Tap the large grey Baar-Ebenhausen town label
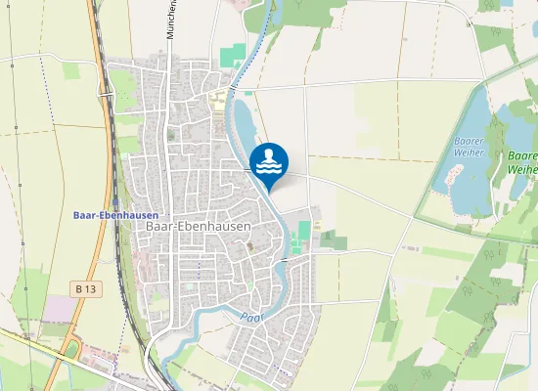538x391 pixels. click(x=198, y=226)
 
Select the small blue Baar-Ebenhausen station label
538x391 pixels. click(x=109, y=215)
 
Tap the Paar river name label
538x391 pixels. click(x=252, y=317)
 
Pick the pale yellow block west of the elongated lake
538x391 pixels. click(x=217, y=98)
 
